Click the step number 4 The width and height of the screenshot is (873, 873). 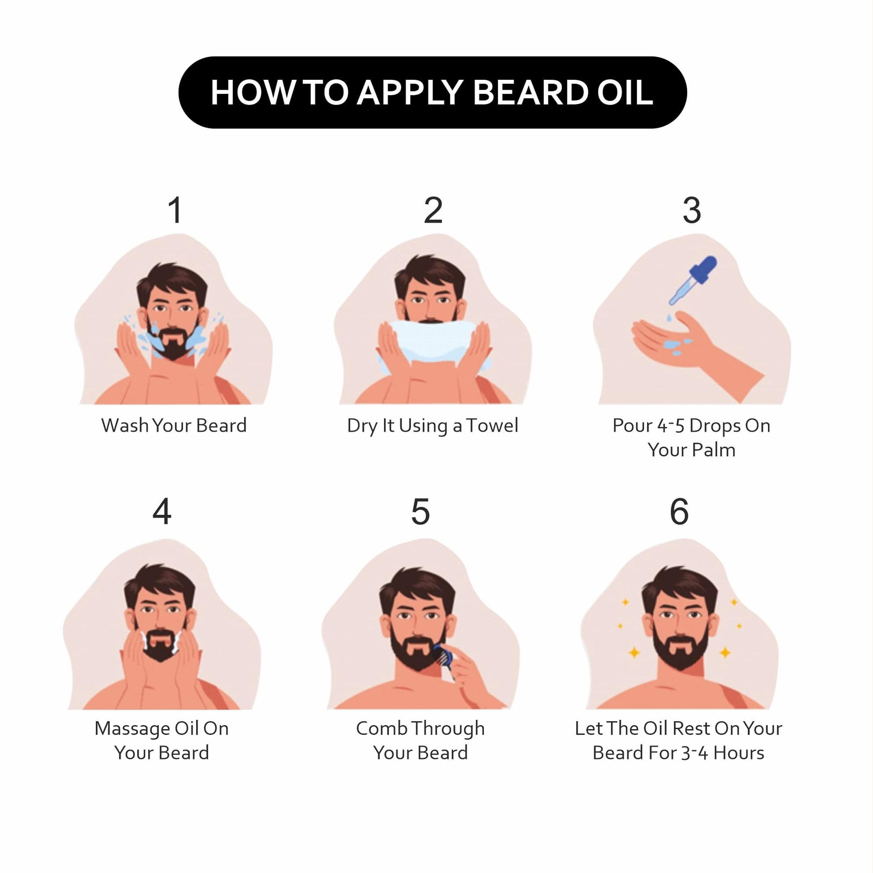tap(162, 511)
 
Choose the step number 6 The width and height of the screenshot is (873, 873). tap(679, 511)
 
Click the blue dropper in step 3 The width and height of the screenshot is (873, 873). tap(692, 280)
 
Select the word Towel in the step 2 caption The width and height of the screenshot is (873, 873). tap(492, 426)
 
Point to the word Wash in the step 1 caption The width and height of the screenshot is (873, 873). tap(125, 426)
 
